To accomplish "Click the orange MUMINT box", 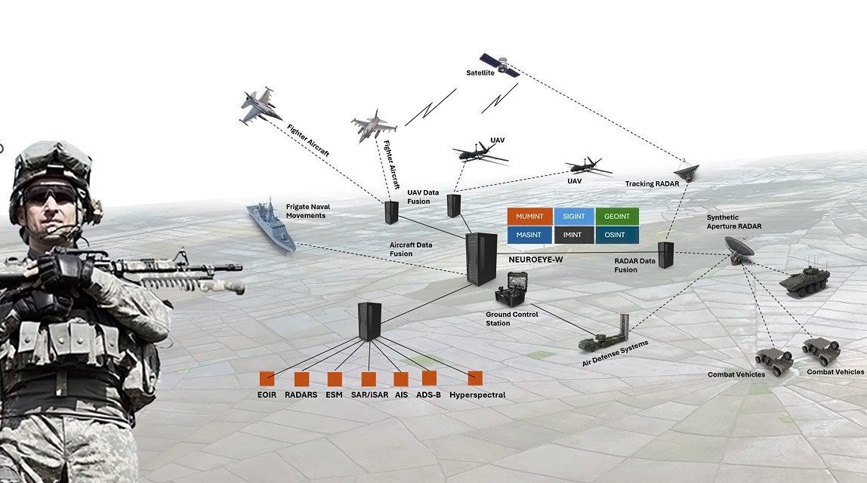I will click(530, 216).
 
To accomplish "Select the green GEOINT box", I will click(617, 216).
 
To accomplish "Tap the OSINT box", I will click(617, 235).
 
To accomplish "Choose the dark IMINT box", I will click(574, 235).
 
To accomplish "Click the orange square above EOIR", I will click(266, 378).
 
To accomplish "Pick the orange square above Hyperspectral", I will click(475, 378).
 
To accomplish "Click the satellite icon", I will click(499, 65).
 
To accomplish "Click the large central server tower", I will click(481, 258).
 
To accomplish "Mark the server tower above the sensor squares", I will click(370, 321).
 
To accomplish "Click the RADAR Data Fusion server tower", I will click(665, 255).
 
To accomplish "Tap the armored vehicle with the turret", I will click(804, 281).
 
